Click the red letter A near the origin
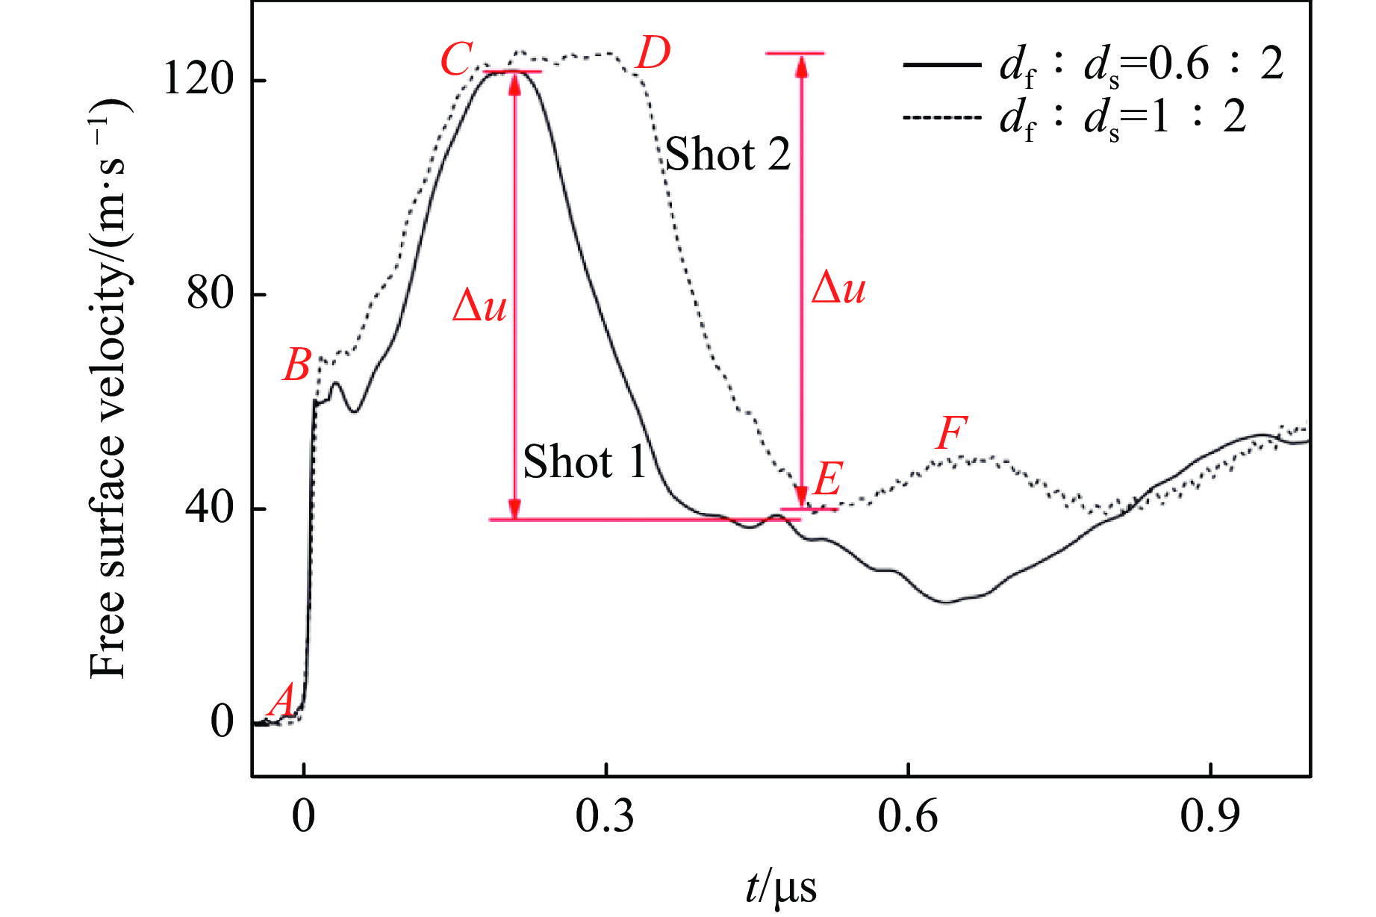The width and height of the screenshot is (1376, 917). [x=281, y=700]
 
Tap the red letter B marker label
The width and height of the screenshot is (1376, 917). [x=296, y=365]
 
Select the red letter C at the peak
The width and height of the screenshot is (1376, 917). [x=457, y=60]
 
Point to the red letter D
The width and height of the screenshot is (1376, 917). [x=653, y=54]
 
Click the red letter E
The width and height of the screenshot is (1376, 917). [x=828, y=479]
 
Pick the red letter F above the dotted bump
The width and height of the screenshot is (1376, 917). [x=951, y=433]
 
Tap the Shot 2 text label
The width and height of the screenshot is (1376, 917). [x=727, y=155]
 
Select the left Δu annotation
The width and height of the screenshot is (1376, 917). [x=480, y=306]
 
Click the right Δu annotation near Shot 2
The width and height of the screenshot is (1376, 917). [x=838, y=287]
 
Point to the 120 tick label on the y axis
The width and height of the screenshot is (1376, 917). [x=199, y=78]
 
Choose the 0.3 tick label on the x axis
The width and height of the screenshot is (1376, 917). [x=605, y=816]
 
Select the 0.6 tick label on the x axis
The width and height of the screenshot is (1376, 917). [x=907, y=816]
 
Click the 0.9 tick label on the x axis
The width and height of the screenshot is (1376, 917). [x=1210, y=816]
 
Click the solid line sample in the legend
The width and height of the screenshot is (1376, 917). [x=942, y=65]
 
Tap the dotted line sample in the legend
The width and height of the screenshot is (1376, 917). [x=942, y=117]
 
